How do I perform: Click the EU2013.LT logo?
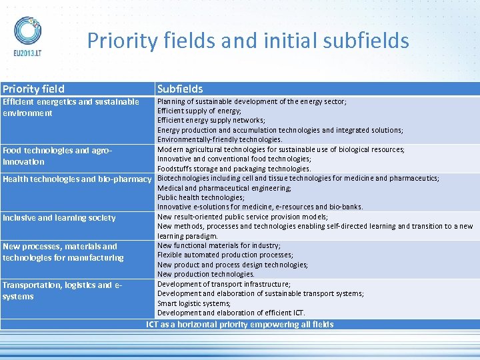click(x=27, y=37)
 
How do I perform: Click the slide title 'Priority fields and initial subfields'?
click(x=248, y=41)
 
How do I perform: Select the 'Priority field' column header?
click(x=33, y=89)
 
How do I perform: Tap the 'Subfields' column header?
click(x=180, y=89)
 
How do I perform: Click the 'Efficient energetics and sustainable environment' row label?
click(x=71, y=107)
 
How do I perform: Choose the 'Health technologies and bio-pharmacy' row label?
click(x=77, y=179)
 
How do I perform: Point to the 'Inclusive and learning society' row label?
click(x=59, y=218)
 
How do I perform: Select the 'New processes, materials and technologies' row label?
click(x=63, y=252)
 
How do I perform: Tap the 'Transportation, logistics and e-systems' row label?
click(x=62, y=291)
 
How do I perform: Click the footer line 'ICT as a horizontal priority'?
click(x=240, y=325)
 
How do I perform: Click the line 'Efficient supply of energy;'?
click(x=199, y=111)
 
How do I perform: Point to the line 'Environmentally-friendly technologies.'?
click(x=220, y=139)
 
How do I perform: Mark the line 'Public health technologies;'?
click(x=201, y=197)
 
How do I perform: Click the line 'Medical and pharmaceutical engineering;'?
click(x=224, y=188)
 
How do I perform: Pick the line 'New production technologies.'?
click(x=206, y=274)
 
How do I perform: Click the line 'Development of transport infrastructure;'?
click(x=224, y=284)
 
